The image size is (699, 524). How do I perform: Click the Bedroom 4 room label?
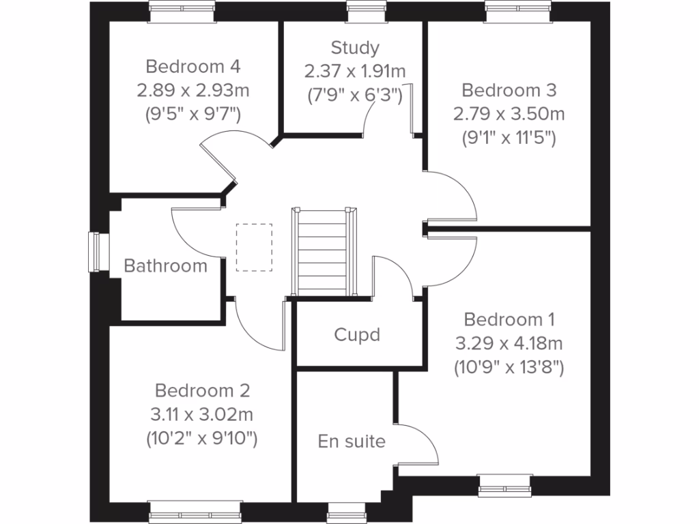pos(193,67)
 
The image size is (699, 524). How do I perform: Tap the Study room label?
pos(355,48)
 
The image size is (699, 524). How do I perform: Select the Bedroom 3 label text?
pos(509,90)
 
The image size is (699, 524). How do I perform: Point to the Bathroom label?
pos(165,265)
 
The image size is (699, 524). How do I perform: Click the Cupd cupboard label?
pos(357,335)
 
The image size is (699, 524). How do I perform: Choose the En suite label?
pos(352,441)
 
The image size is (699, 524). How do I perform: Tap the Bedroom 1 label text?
pos(509,319)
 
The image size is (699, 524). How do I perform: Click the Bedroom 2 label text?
pos(202,391)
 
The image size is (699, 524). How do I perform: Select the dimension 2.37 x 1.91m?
pos(355,70)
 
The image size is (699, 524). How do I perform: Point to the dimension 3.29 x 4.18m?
pos(509,343)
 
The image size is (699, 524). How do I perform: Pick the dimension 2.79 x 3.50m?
pos(509,113)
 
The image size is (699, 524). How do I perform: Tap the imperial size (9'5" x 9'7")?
pos(193,113)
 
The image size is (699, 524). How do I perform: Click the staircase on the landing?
pos(323,252)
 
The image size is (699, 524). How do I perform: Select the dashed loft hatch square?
pos(254,247)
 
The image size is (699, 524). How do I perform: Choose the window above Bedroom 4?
pos(182,10)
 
